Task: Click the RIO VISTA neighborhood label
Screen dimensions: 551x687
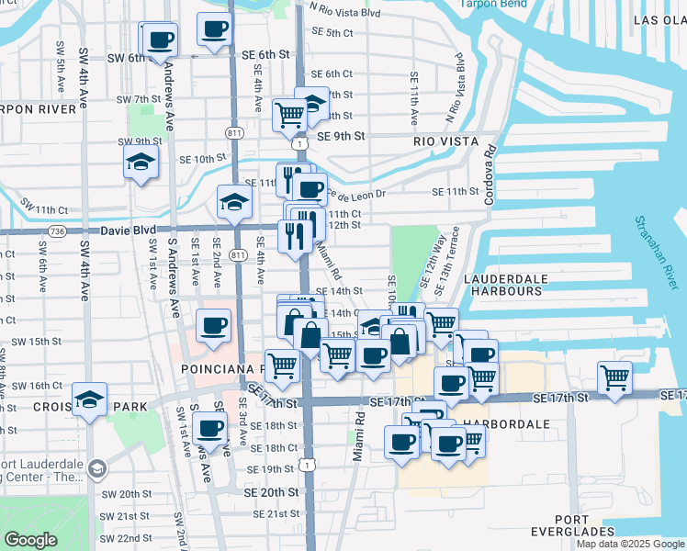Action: point(445,141)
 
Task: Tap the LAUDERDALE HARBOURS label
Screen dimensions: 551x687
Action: point(506,284)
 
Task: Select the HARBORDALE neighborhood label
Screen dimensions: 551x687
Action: point(504,425)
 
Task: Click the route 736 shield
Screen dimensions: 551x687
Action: point(57,230)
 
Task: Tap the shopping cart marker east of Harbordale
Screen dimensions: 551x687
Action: point(614,377)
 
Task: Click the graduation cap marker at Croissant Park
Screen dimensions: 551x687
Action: point(89,399)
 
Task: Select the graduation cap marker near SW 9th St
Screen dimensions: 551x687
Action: point(141,163)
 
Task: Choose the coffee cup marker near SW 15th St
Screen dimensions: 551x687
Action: point(214,325)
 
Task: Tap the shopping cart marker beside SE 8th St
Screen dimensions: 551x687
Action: point(289,116)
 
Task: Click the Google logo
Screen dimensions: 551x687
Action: point(30,540)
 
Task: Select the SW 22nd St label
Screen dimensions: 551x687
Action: point(126,538)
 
